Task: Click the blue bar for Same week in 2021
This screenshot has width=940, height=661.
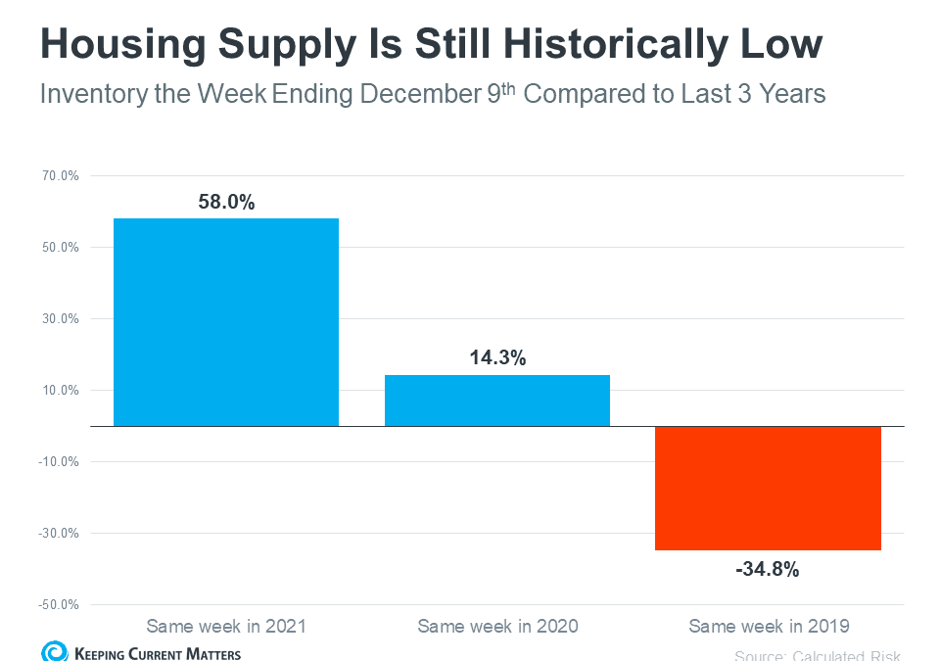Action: tap(226, 322)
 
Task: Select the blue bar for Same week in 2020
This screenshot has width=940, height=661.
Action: tap(497, 401)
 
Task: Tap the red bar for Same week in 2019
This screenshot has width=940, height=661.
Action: tap(768, 488)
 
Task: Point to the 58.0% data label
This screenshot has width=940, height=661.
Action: tap(226, 203)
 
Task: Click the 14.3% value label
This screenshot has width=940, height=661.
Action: tap(497, 358)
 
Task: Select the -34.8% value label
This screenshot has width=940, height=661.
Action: tap(768, 568)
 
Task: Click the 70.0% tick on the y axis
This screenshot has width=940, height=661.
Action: tap(60, 176)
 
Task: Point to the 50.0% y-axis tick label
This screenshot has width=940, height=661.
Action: tap(60, 248)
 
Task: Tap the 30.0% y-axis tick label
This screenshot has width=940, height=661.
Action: tap(60, 319)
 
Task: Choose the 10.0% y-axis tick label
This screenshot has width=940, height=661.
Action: tap(60, 391)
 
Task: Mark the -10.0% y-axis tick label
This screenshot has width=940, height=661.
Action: tap(58, 462)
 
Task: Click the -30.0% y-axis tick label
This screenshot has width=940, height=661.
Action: tap(58, 534)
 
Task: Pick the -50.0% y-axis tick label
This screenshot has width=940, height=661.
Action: tap(58, 605)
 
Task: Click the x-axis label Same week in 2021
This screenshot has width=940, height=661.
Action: tap(226, 626)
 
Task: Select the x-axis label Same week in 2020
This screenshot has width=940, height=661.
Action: tap(497, 626)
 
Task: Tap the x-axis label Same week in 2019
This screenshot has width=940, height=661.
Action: tap(768, 626)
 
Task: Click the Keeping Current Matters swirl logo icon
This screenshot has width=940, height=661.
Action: tap(54, 652)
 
